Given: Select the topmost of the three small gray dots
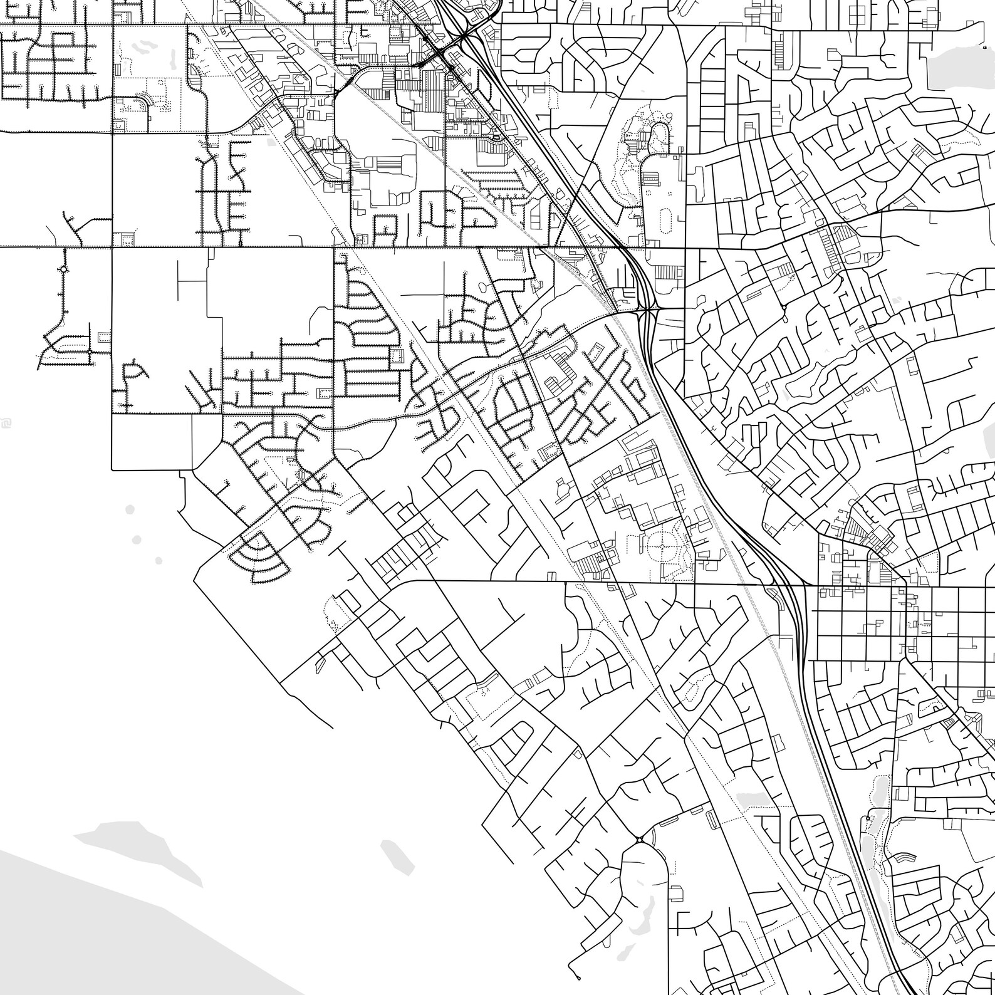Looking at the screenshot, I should coord(130,509).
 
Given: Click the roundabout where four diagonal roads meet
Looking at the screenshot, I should coord(639,840).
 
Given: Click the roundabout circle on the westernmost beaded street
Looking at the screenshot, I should coord(63,270).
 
